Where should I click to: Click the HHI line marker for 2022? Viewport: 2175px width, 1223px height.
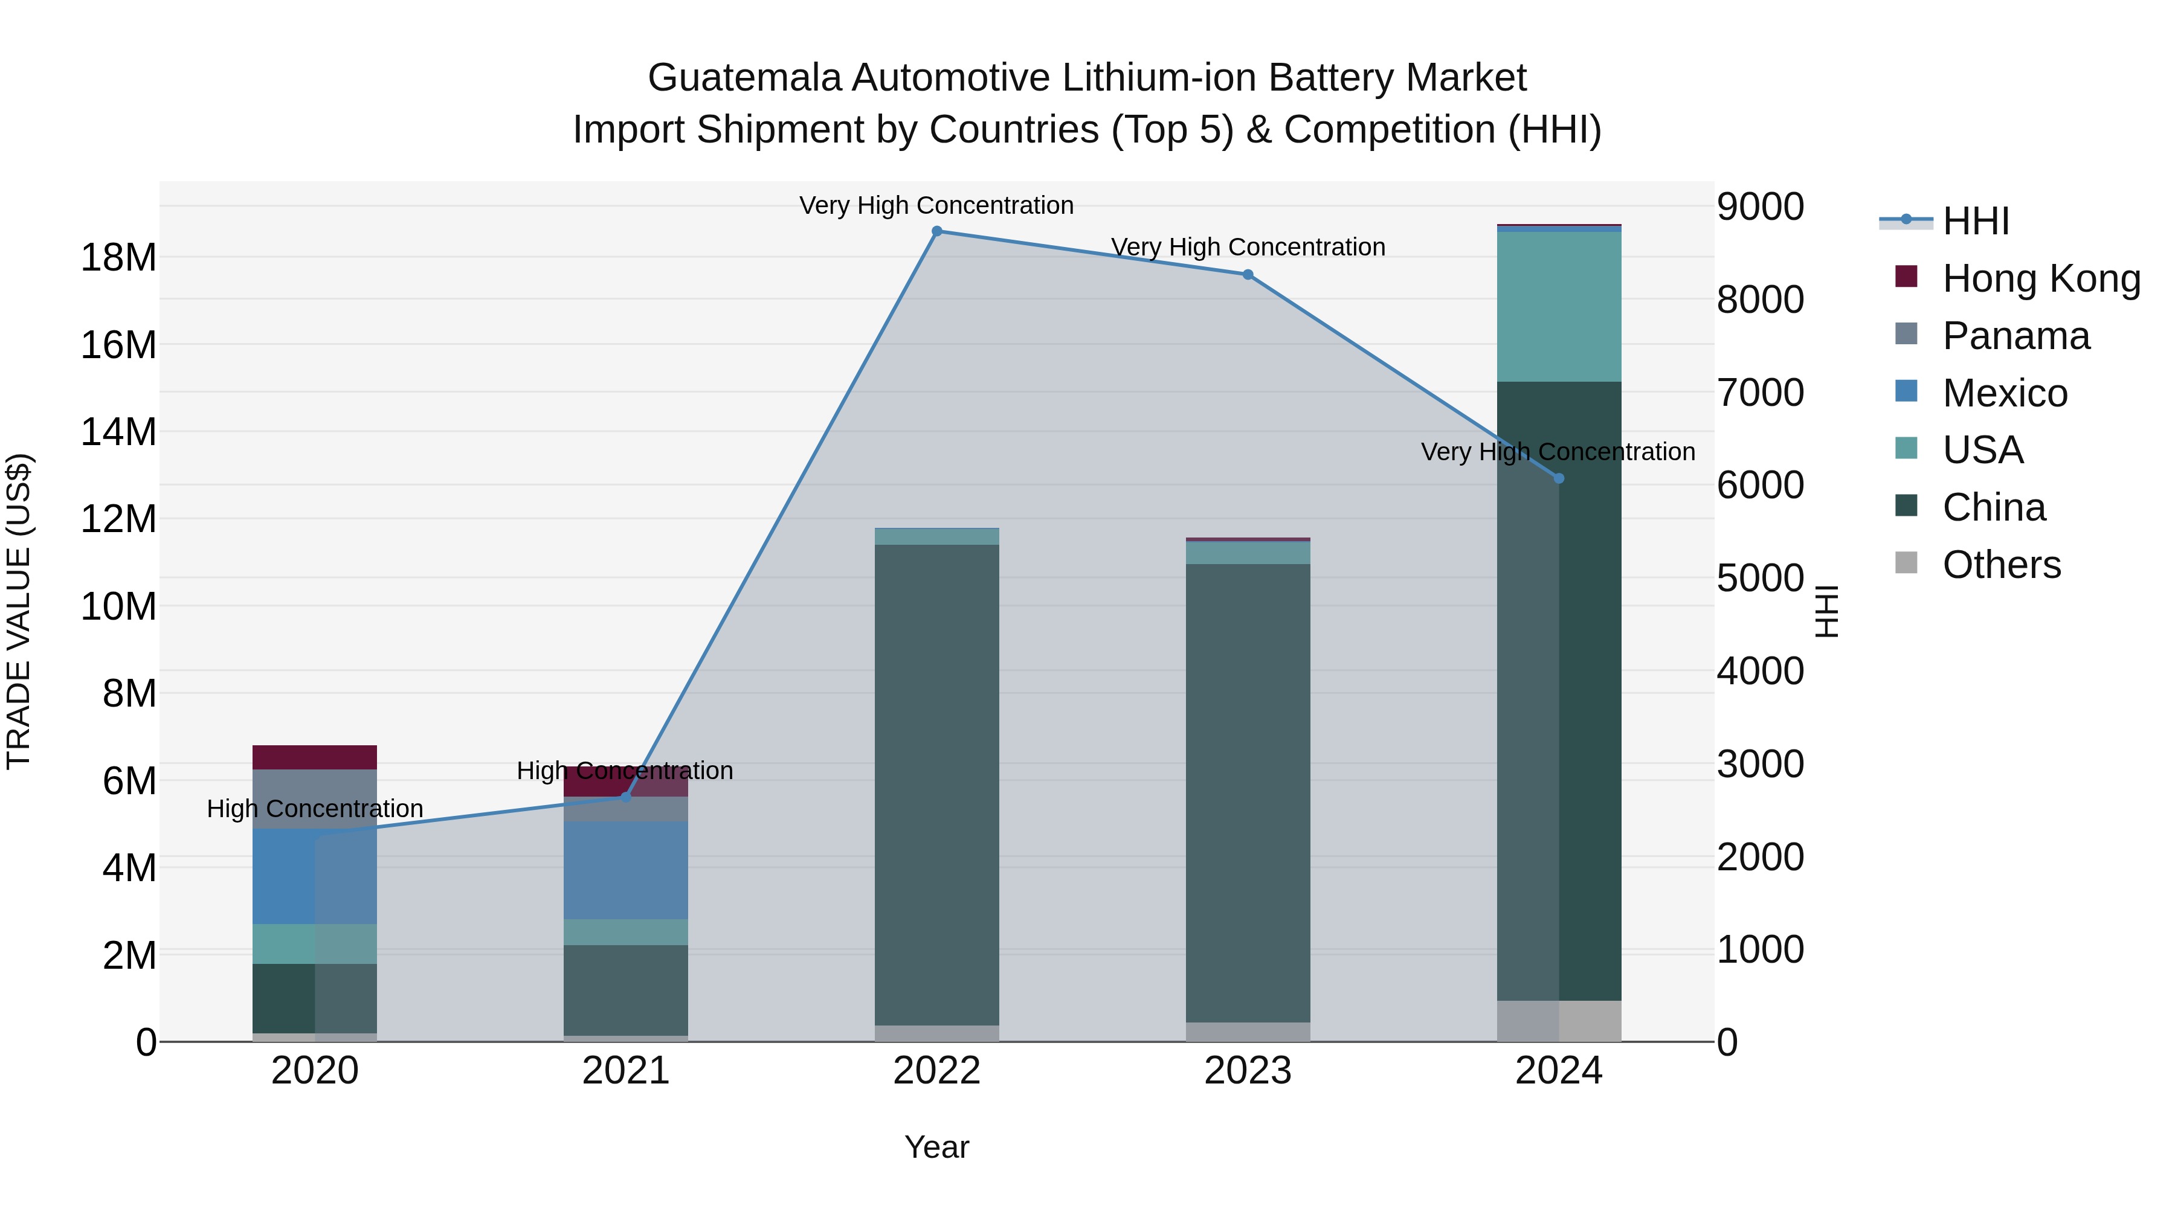936,231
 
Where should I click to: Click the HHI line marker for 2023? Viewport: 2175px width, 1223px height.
1248,274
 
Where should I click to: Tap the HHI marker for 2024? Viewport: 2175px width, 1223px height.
1559,478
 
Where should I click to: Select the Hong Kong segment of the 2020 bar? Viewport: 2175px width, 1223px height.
314,757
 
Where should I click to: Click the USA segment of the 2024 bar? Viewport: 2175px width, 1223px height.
1559,306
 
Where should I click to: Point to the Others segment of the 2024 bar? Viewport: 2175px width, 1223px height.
1559,1021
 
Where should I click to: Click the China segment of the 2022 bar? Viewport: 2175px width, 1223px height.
936,785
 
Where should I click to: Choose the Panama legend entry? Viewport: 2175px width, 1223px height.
2016,336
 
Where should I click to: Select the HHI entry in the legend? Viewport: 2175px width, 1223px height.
1976,221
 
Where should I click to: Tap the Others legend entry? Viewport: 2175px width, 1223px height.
2001,565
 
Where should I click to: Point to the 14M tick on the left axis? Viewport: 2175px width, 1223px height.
118,432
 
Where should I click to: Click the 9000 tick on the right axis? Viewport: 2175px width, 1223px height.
1761,207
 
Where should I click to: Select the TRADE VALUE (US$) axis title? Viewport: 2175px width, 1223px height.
19,611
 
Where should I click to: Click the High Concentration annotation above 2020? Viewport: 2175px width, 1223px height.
314,809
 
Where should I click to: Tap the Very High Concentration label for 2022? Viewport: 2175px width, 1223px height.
936,205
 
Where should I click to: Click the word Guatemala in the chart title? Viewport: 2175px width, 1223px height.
745,78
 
